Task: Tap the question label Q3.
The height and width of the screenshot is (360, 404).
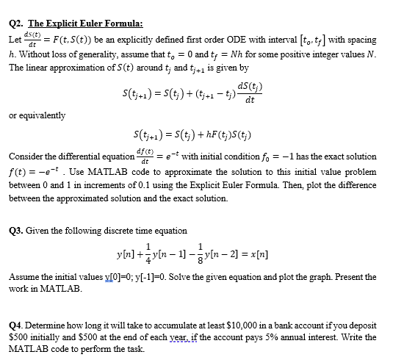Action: tap(15, 231)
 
